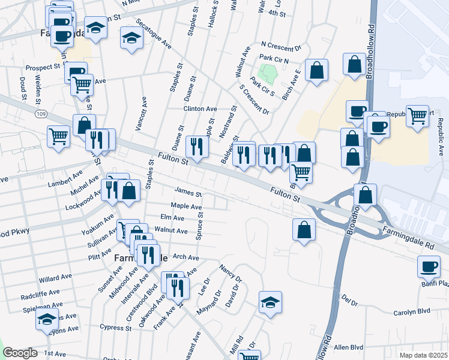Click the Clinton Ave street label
tap(200, 109)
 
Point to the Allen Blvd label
tap(349, 347)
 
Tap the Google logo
tap(20, 353)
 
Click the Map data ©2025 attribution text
tap(423, 355)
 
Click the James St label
tap(188, 193)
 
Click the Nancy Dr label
tap(231, 274)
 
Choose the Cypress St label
tap(116, 328)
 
